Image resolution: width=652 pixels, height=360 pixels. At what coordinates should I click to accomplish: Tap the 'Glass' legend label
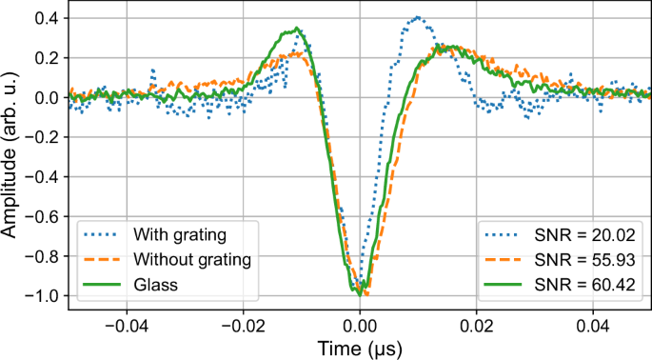[154, 285]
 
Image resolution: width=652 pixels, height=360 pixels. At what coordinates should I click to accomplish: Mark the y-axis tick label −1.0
[39, 296]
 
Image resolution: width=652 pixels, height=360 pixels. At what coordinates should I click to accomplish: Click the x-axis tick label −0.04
[126, 324]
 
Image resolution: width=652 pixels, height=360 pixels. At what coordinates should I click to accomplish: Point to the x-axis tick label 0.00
[360, 324]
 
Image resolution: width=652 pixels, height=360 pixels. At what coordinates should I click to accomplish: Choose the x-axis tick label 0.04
[594, 324]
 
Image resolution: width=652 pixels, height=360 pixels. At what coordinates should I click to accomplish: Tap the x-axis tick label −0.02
[243, 324]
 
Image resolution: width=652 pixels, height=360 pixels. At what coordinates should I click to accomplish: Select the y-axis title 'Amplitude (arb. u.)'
[11, 157]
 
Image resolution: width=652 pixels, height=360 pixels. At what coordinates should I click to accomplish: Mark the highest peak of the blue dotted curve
[418, 17]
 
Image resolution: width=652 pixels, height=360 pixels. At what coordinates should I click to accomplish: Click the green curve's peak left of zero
[298, 29]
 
